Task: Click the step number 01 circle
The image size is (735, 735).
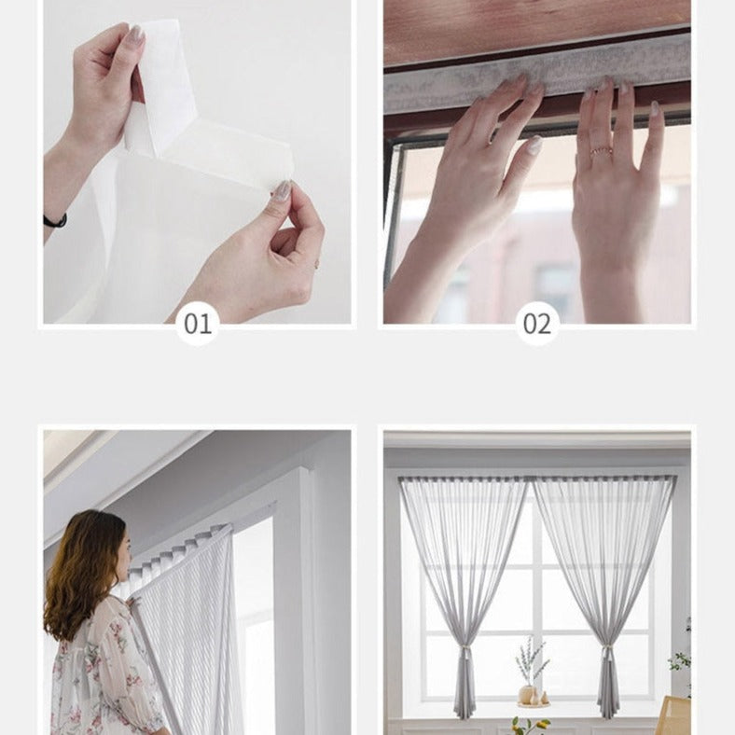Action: [x=198, y=323]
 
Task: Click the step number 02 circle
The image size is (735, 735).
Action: [x=537, y=323]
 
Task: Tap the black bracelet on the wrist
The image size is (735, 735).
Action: [x=55, y=221]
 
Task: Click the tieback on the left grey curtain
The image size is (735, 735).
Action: [x=465, y=653]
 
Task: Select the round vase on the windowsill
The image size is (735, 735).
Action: [x=528, y=694]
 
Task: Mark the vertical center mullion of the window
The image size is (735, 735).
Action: [x=536, y=597]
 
